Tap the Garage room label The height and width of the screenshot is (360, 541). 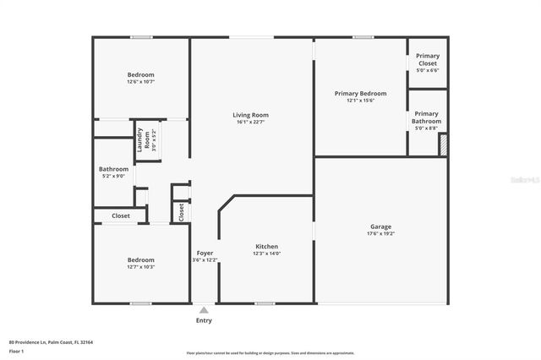(380, 226)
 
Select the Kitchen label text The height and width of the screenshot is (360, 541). (266, 247)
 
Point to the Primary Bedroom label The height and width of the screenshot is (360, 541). (360, 93)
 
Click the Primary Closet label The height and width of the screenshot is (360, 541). (428, 59)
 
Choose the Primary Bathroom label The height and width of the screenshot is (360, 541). (426, 117)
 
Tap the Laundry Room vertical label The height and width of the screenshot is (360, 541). (145, 139)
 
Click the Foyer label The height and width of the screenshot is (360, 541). (205, 253)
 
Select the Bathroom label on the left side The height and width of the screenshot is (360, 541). (113, 169)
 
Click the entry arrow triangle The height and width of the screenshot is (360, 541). (204, 310)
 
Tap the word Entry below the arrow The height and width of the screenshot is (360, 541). (204, 320)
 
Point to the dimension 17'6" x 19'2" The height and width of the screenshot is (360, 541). (380, 234)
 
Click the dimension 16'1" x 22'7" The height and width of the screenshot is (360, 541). (250, 123)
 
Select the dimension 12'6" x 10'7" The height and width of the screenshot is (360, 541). (140, 82)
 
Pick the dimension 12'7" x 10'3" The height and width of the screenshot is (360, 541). (140, 267)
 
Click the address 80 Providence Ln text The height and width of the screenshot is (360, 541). (51, 342)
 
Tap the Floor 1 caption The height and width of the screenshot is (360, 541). (16, 350)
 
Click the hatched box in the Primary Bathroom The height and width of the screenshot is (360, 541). (442, 145)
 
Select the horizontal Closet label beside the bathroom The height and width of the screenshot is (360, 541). (121, 215)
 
